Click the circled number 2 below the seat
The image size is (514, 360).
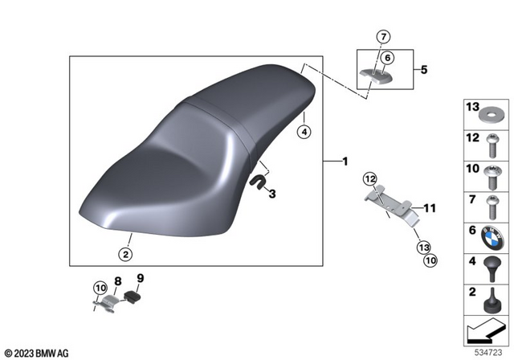point(125,254)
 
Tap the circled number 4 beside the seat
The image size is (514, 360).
point(304,132)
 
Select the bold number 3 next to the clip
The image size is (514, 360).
point(272,194)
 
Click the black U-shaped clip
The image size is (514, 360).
point(257,182)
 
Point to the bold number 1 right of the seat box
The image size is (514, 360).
point(345,162)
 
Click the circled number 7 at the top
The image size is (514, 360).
point(384,36)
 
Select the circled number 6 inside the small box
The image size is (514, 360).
point(387,58)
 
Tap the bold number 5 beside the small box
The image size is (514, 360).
point(424,69)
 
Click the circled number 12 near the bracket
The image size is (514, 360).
point(369,179)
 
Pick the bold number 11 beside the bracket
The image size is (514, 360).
point(430,208)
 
